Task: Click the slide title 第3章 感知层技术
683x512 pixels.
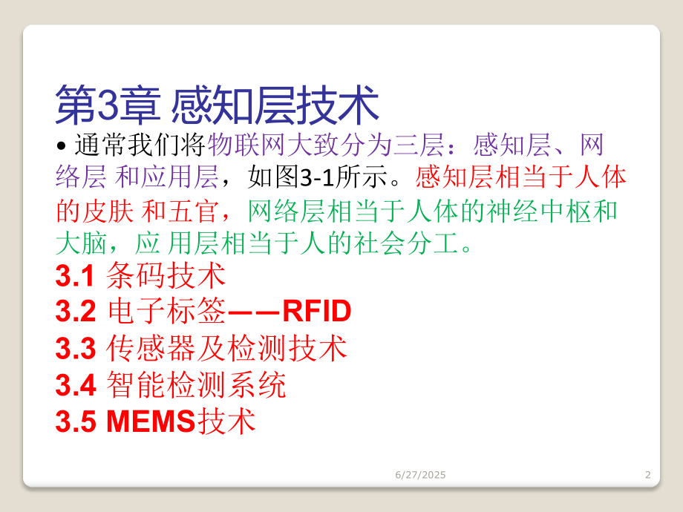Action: coord(218,106)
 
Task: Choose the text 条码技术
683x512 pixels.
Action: coord(166,277)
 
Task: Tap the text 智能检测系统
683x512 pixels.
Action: coord(196,384)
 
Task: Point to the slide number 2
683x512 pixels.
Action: coord(648,475)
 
